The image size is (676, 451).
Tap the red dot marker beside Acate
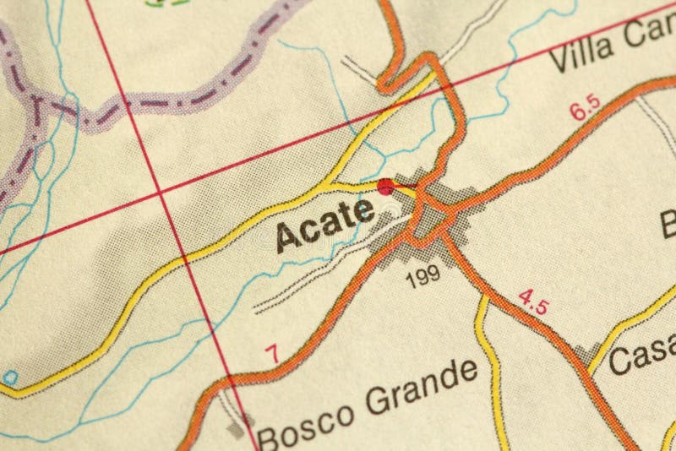(x=386, y=187)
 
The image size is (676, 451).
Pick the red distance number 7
(x=271, y=356)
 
